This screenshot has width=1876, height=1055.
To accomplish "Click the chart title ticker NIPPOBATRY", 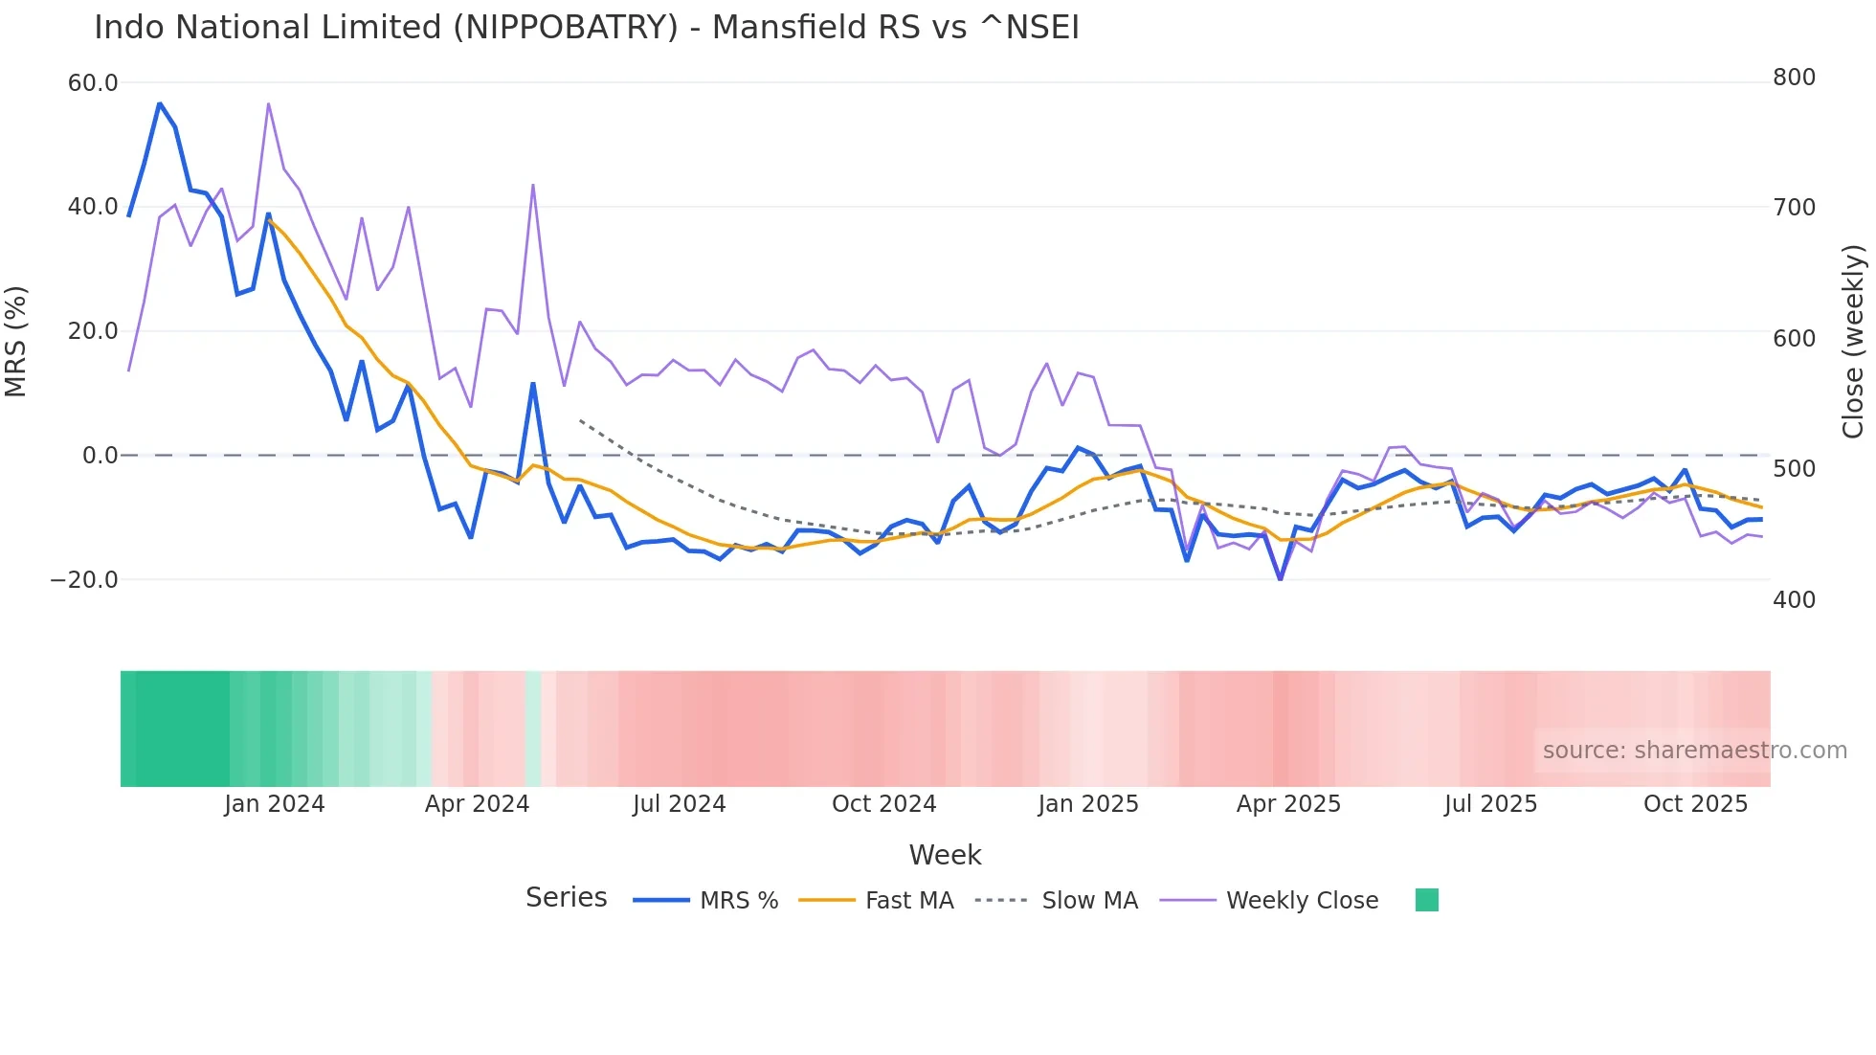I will [566, 28].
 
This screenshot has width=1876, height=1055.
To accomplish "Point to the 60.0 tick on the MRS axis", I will [93, 83].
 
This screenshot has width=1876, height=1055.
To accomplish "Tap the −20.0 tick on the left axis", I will [84, 580].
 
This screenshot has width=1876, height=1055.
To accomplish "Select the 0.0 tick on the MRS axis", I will [100, 456].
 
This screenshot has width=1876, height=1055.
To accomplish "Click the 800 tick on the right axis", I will [1794, 78].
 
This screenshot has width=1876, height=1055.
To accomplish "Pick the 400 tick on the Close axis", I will [1794, 600].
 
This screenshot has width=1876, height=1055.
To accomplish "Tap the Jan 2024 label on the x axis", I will [275, 804].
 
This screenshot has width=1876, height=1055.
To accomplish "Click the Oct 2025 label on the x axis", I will [1695, 804].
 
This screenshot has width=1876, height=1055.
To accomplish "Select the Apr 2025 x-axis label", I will [1288, 804].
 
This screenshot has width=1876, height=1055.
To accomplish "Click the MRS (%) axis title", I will [16, 341].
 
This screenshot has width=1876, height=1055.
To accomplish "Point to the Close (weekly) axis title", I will [1854, 341].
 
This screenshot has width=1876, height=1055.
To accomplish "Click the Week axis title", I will [945, 855].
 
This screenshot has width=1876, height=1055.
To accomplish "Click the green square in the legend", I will [1427, 900].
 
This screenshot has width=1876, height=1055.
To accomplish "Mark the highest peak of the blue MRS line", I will [160, 102].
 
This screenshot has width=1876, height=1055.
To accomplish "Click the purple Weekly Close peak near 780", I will [268, 103].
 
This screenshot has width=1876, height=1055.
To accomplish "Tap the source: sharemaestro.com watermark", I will [1694, 751].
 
